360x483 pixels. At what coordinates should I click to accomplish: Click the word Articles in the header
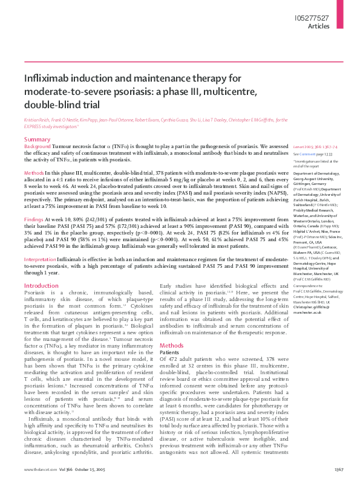click(x=319, y=27)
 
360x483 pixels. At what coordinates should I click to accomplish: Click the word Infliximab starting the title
click(x=48, y=79)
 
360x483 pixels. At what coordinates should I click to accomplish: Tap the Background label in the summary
click(x=37, y=147)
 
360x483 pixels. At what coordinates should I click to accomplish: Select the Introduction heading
click(x=41, y=285)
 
